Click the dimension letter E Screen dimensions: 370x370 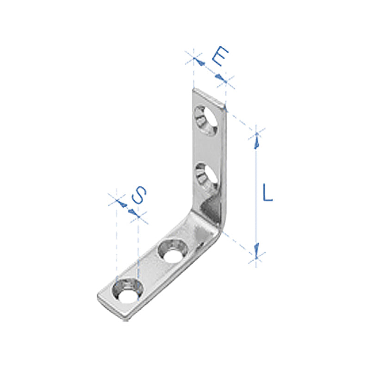tap(220, 56)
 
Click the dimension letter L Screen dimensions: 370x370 tap(268, 192)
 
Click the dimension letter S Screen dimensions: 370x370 tap(139, 195)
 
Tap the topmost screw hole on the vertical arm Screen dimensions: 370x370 tap(206, 121)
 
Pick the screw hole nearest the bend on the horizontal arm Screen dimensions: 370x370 tap(173, 251)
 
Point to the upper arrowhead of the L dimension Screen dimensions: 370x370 tap(257, 141)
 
